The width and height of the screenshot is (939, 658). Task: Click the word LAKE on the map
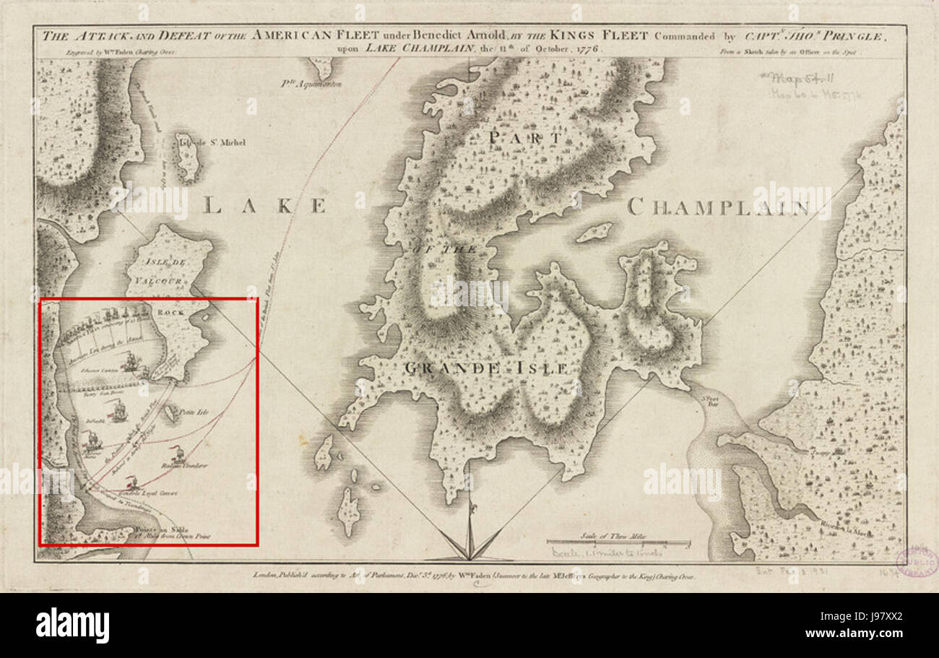click(x=264, y=206)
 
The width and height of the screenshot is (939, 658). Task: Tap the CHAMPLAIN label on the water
click(x=718, y=208)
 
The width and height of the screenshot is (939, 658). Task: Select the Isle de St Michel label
click(x=210, y=142)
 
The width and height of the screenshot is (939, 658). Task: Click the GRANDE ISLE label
click(x=483, y=368)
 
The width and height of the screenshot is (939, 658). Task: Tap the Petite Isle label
click(x=193, y=413)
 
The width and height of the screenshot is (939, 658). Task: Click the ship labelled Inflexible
click(x=118, y=414)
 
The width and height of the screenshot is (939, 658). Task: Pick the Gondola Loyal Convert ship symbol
click(x=132, y=482)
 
